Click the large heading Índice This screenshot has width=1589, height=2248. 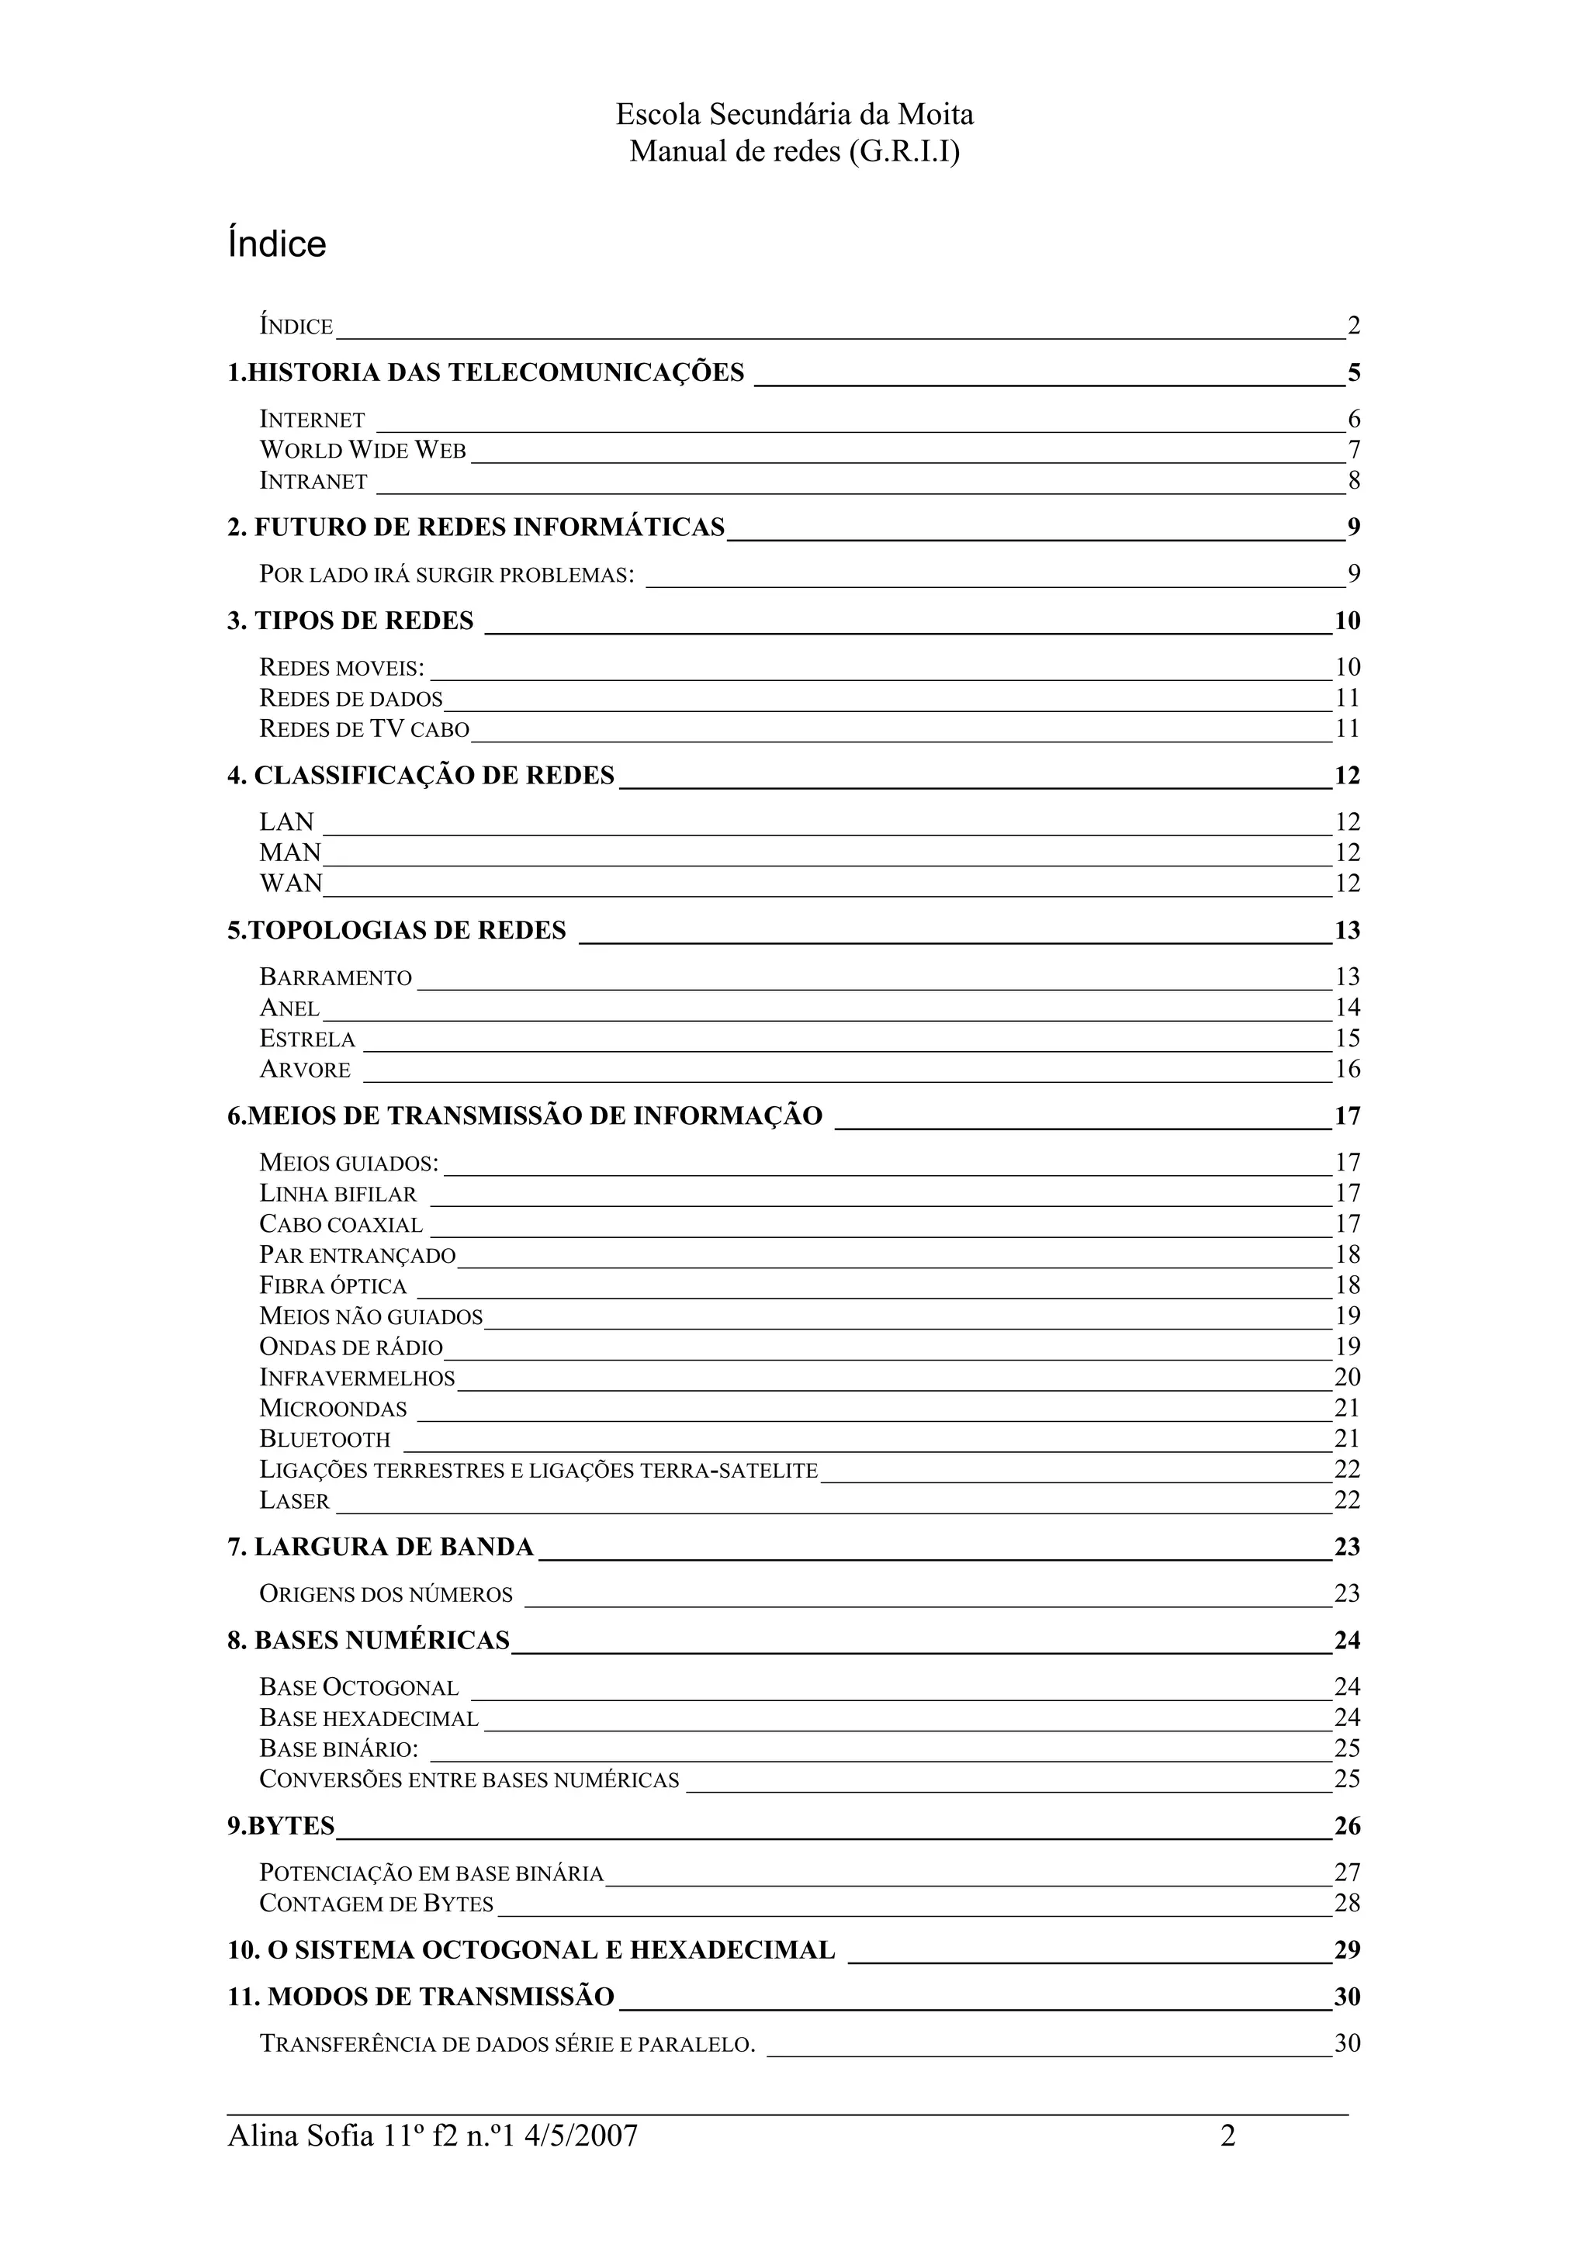click(x=276, y=244)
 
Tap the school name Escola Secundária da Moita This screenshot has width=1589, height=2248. click(x=794, y=116)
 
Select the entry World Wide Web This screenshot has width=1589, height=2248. click(x=362, y=451)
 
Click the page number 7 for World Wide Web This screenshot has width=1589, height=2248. click(x=1354, y=451)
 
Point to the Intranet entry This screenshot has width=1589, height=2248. click(x=313, y=482)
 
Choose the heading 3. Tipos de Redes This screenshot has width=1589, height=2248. click(x=351, y=621)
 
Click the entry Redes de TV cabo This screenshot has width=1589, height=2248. click(x=364, y=729)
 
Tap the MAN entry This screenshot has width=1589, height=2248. click(x=290, y=853)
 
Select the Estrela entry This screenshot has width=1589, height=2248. click(x=306, y=1039)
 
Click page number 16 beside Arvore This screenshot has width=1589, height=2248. click(x=1347, y=1069)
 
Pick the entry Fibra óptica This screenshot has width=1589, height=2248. click(x=332, y=1285)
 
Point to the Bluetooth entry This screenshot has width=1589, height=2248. click(x=324, y=1439)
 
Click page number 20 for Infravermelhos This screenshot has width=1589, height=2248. click(x=1347, y=1378)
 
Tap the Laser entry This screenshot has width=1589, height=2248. click(x=294, y=1501)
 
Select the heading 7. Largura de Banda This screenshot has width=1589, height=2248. click(x=381, y=1547)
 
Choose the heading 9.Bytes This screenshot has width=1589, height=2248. click(x=281, y=1826)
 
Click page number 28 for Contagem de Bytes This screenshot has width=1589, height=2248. click(x=1347, y=1904)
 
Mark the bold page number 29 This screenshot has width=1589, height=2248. click(x=1347, y=1949)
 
